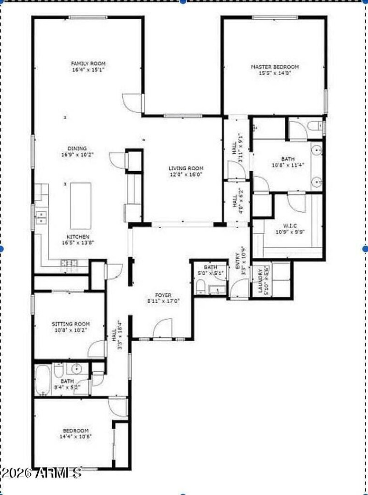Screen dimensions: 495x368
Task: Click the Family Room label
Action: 88,63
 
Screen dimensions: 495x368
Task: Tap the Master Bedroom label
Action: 275,67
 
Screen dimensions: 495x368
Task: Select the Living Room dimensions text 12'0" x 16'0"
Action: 185,175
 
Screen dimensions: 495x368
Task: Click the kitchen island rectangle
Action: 80,206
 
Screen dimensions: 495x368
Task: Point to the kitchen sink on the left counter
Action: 41,217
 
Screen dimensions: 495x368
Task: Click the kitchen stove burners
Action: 69,263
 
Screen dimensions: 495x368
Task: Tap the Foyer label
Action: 163,295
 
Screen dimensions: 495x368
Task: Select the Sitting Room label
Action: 70,324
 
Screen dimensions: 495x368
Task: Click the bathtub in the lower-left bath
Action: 42,380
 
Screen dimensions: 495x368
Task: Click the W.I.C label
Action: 290,226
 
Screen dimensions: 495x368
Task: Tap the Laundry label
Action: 261,281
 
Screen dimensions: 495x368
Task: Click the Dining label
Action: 77,149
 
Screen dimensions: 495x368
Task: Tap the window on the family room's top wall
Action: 88,17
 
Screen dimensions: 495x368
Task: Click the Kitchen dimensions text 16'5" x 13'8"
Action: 78,242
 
